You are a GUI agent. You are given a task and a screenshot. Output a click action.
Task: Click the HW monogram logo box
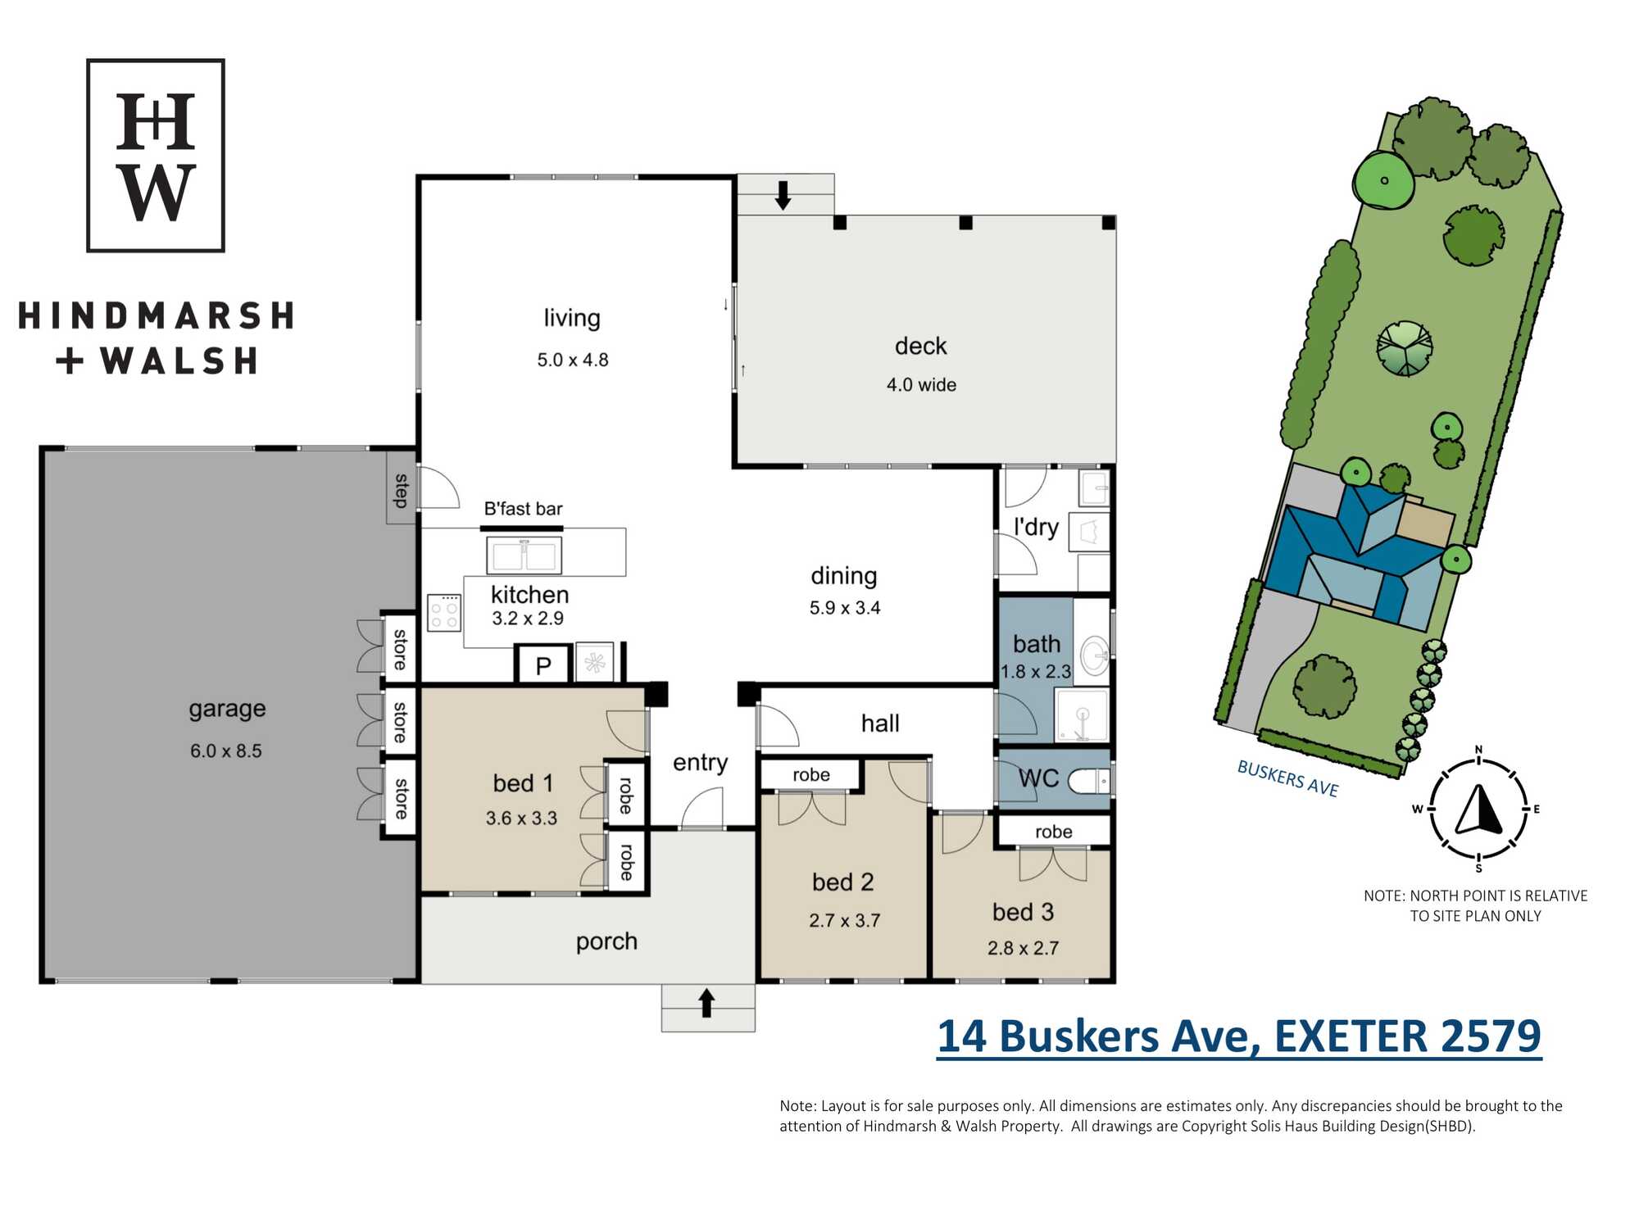pyautogui.click(x=156, y=155)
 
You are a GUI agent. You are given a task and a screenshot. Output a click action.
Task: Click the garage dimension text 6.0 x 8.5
pyautogui.click(x=226, y=751)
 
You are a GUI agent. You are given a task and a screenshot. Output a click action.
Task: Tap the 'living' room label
pyautogui.click(x=572, y=318)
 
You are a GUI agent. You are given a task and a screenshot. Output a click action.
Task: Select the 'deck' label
pyautogui.click(x=920, y=346)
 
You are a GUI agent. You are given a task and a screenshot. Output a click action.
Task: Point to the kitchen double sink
pyautogui.click(x=524, y=555)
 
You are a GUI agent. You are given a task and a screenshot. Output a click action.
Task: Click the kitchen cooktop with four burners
pyautogui.click(x=444, y=612)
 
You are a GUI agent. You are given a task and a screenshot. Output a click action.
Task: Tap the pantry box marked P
pyautogui.click(x=543, y=664)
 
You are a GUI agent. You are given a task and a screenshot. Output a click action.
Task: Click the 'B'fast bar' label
pyautogui.click(x=523, y=509)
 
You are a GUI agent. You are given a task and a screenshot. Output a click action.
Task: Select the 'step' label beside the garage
pyautogui.click(x=402, y=490)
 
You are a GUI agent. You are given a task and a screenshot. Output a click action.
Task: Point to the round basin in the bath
pyautogui.click(x=1094, y=655)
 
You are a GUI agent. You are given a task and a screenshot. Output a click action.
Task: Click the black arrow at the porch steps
pyautogui.click(x=706, y=1003)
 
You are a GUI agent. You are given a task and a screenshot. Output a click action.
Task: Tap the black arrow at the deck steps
pyautogui.click(x=783, y=195)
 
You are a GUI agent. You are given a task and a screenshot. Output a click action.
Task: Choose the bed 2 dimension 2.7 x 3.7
pyautogui.click(x=844, y=920)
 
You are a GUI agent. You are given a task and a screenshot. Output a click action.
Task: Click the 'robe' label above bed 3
pyautogui.click(x=1053, y=832)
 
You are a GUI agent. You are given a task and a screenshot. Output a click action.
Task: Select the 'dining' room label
pyautogui.click(x=843, y=576)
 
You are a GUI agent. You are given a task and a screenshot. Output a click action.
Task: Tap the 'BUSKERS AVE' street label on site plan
pyautogui.click(x=1287, y=778)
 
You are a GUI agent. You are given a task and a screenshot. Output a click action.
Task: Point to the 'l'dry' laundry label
pyautogui.click(x=1036, y=527)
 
